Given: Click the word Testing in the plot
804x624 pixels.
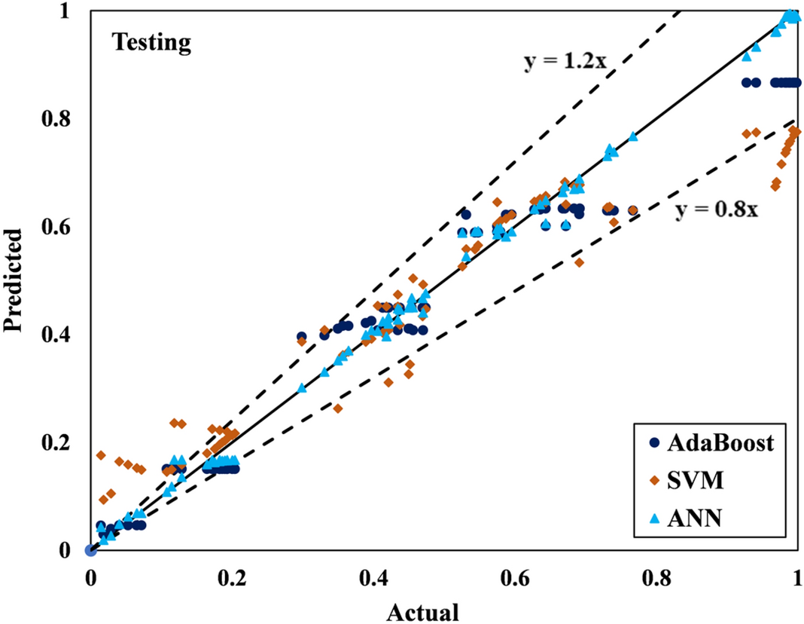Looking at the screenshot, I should [152, 43].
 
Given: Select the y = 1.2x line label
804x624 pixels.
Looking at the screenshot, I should [565, 62].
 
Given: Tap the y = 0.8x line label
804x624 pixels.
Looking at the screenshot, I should [716, 210].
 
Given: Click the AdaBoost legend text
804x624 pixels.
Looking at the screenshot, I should [720, 443].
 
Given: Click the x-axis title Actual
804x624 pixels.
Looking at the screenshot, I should [422, 611].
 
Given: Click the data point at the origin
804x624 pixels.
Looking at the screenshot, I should [90, 550].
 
